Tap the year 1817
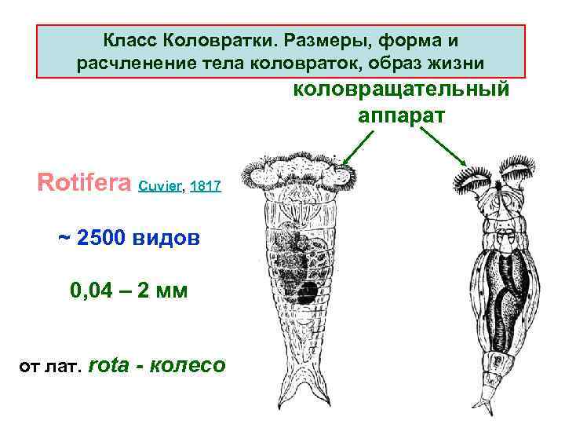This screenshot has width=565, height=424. click(206, 188)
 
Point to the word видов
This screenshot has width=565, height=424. click(172, 237)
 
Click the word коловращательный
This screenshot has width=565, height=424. click(401, 89)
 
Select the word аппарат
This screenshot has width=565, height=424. click(401, 115)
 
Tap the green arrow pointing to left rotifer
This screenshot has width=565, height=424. click(356, 146)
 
